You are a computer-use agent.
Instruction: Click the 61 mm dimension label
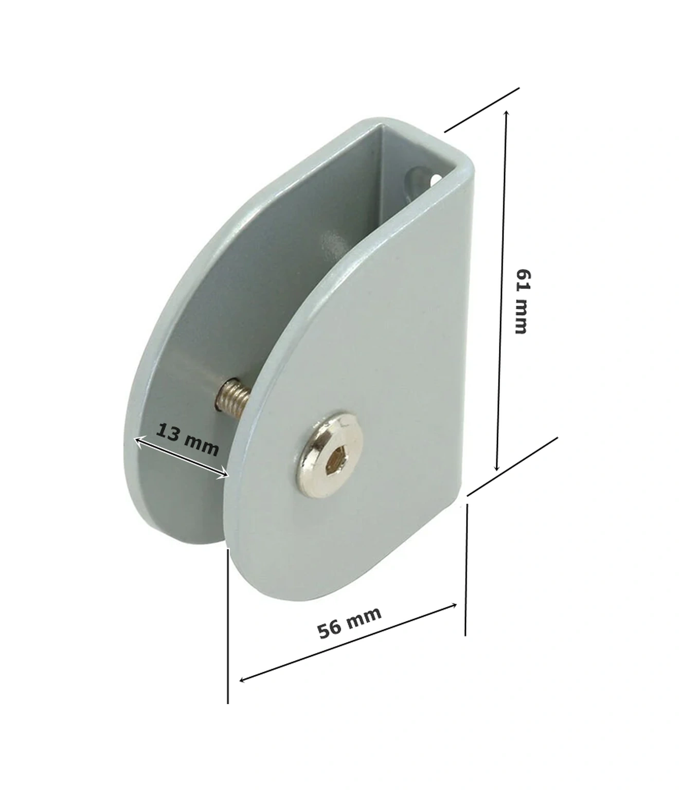click(522, 301)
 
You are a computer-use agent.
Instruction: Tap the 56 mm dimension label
click(349, 622)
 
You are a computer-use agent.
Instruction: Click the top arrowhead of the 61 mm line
click(507, 113)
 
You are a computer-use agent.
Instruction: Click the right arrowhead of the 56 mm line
click(454, 605)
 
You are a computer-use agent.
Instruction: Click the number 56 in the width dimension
click(329, 629)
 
